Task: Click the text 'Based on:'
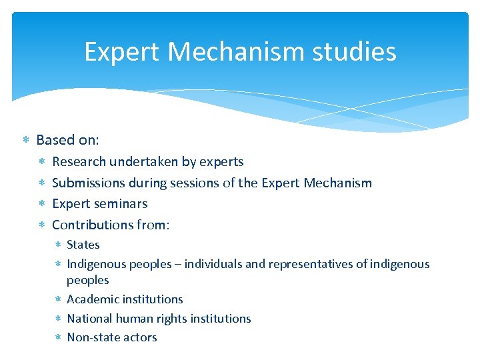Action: tap(67, 140)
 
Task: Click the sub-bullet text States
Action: tap(83, 245)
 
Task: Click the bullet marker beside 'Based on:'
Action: tap(25, 141)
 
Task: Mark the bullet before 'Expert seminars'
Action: tap(42, 204)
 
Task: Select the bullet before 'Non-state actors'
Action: tap(57, 338)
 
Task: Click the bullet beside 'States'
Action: tap(57, 245)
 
